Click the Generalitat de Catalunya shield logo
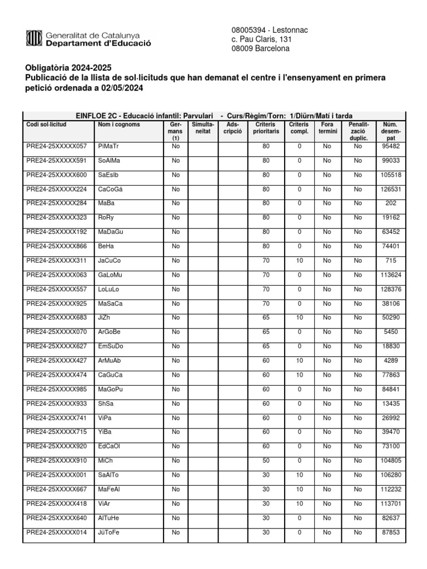[33, 38]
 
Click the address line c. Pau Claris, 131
[261, 39]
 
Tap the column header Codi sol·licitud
[46, 124]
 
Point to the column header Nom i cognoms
[118, 124]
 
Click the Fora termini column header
[327, 128]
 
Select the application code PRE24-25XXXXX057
[57, 146]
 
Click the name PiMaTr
[108, 146]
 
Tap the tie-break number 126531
[391, 189]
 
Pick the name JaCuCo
[109, 261]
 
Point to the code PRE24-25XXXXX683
[57, 318]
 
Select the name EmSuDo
[110, 346]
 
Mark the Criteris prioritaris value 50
[266, 461]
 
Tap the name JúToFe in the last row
[109, 532]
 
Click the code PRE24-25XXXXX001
[57, 475]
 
